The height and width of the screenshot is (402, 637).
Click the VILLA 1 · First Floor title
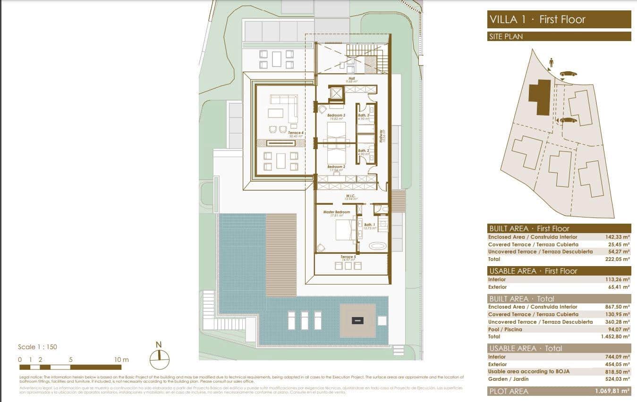[537, 19]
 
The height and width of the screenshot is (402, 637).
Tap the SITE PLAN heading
[506, 36]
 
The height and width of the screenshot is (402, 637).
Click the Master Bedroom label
[336, 212]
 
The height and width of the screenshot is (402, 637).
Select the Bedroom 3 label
[337, 115]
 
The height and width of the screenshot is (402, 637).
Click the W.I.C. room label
[350, 196]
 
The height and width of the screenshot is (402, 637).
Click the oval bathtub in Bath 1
[376, 246]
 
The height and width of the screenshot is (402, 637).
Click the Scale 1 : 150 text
[37, 347]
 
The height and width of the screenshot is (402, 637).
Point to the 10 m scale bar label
[121, 360]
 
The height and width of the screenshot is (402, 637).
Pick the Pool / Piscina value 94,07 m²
[618, 329]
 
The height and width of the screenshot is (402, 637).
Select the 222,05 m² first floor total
[618, 259]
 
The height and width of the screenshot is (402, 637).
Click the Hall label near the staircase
[351, 78]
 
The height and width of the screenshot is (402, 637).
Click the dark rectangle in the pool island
[358, 320]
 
